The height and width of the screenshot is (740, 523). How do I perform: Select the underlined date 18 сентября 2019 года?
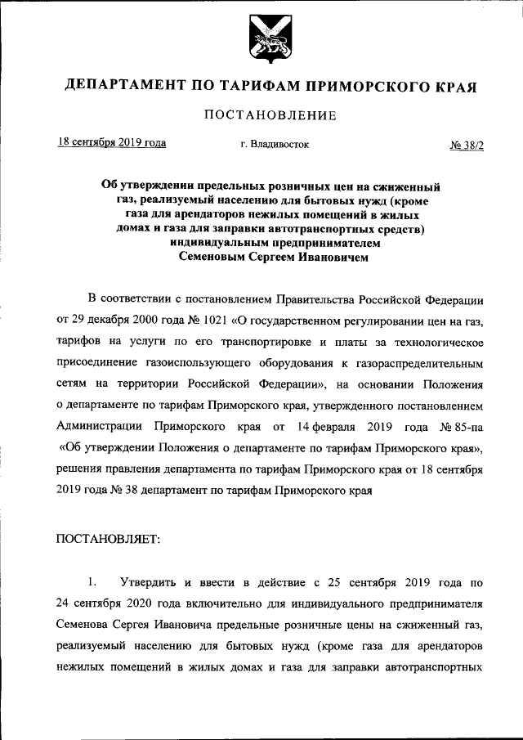112,143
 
